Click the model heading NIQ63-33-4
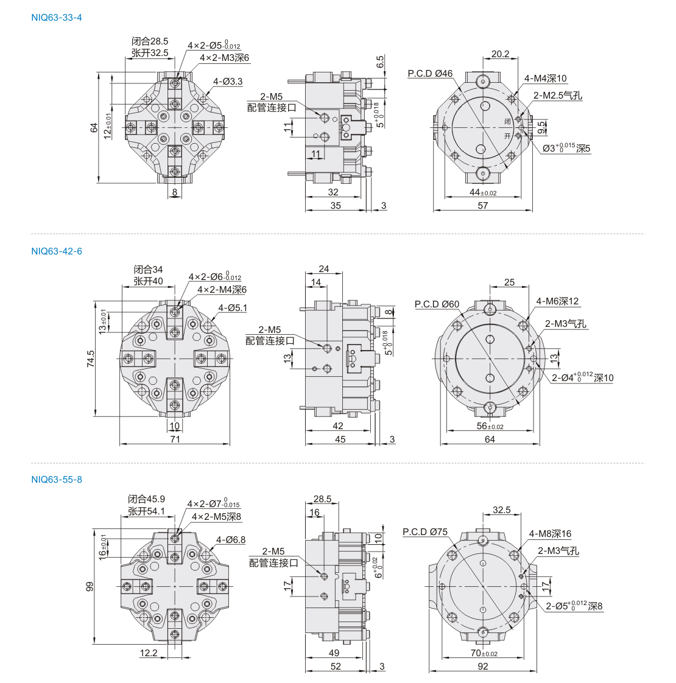(x=57, y=18)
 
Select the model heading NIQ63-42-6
(x=57, y=251)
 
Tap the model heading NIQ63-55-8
(x=57, y=480)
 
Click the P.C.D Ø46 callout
(x=430, y=74)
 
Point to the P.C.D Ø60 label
(x=437, y=304)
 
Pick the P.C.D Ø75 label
(x=425, y=532)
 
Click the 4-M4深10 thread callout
(x=545, y=79)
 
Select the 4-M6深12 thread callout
(x=557, y=301)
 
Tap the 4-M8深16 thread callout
(x=550, y=534)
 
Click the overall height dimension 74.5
(x=91, y=359)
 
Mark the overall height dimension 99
(x=90, y=587)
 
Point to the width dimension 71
(x=175, y=440)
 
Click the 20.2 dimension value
(x=500, y=54)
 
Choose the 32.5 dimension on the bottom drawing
(x=501, y=510)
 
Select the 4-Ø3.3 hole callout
(x=228, y=82)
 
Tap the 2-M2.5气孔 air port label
(x=558, y=96)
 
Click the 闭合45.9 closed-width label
(x=146, y=499)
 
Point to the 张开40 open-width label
(x=148, y=281)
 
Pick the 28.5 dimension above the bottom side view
(x=322, y=499)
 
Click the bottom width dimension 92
(x=482, y=667)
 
